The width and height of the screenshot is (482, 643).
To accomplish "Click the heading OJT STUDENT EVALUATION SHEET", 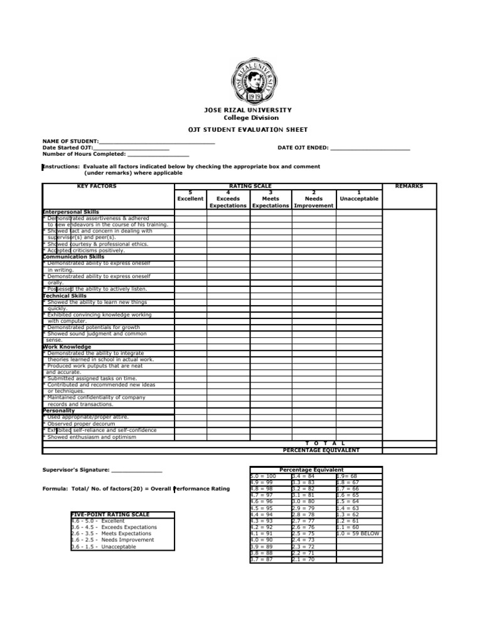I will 248,130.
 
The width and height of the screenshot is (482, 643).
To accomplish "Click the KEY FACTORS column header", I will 97,186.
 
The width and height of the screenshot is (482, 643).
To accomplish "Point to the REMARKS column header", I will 409,186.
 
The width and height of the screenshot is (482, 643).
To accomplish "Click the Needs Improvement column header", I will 314,202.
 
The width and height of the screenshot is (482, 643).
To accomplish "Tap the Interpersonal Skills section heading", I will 71,212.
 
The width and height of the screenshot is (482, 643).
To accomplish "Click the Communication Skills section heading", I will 73,257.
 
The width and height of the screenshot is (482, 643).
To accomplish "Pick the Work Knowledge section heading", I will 67,347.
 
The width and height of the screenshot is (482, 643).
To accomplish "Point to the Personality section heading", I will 59,411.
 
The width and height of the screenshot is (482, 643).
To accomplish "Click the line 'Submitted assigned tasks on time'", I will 92,379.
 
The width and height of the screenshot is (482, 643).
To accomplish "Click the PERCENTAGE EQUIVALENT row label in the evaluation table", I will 321,450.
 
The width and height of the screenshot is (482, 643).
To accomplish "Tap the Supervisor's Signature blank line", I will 137,470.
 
